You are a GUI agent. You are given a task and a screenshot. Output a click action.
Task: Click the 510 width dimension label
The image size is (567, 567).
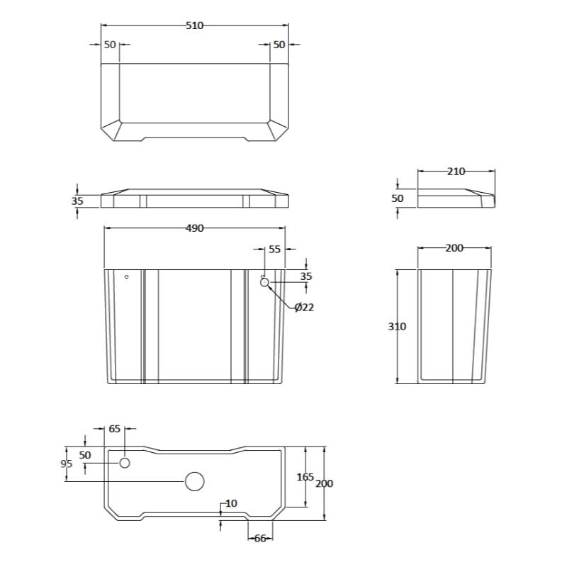[194, 26]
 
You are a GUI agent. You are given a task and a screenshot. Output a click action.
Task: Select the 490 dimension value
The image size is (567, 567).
[194, 228]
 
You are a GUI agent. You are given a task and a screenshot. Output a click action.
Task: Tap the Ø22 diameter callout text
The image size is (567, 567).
[304, 308]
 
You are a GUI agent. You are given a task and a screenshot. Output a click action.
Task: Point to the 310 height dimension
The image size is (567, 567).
[397, 326]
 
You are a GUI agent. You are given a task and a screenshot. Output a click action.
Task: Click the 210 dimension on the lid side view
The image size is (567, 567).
[456, 172]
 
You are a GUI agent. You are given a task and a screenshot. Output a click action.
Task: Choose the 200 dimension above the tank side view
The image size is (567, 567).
[454, 247]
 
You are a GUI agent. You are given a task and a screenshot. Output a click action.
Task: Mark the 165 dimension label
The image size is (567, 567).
[305, 477]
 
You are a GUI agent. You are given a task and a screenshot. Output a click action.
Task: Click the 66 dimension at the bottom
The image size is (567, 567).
[260, 539]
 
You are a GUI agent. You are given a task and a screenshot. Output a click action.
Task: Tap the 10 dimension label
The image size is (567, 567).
[231, 503]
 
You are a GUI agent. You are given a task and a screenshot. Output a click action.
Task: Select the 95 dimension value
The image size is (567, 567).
[67, 464]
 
